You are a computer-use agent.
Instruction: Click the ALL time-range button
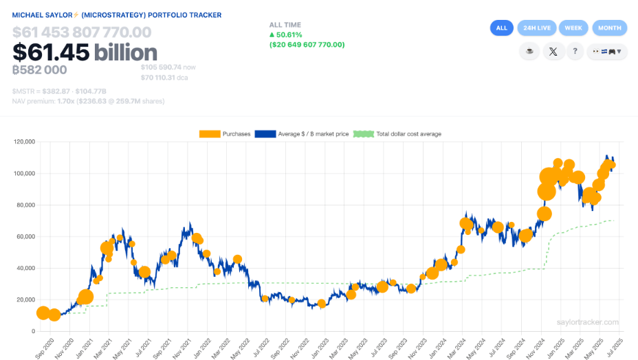[x=501, y=28]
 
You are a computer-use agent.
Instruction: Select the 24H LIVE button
[x=537, y=28]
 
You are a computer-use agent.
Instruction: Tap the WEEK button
[x=573, y=28]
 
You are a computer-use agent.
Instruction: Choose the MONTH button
[x=609, y=28]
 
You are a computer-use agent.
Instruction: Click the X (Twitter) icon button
[x=553, y=51]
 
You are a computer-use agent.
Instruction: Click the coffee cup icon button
[x=529, y=51]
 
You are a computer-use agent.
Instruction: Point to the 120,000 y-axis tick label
[x=23, y=142]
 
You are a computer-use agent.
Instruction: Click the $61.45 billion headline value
[x=85, y=52]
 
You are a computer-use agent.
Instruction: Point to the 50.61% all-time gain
[x=289, y=34]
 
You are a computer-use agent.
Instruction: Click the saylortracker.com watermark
[x=588, y=322]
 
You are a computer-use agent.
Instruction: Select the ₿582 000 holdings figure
[x=40, y=69]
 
